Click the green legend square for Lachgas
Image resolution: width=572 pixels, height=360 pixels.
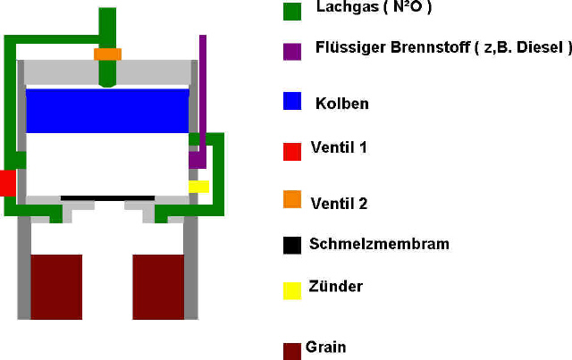[292, 12]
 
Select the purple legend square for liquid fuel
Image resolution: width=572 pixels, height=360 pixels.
[292, 52]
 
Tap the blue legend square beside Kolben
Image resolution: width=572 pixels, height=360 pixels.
[292, 101]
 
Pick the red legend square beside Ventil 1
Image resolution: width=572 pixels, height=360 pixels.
[292, 152]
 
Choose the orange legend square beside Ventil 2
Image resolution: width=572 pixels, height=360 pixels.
[292, 199]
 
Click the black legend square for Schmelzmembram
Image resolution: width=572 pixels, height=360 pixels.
[292, 246]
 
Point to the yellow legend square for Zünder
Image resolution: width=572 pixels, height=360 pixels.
[292, 290]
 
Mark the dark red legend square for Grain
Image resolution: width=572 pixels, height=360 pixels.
[292, 351]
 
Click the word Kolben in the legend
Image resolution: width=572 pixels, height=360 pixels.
[342, 104]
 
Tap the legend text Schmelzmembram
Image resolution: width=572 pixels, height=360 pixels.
[379, 244]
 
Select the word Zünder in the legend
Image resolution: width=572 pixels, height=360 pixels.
[336, 287]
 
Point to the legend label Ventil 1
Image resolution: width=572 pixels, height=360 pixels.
[339, 147]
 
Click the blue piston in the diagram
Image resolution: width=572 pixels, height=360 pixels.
[107, 111]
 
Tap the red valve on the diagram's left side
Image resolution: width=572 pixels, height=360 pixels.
[8, 183]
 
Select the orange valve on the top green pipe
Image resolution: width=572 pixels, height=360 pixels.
[107, 54]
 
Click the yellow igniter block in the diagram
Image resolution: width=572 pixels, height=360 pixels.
[198, 187]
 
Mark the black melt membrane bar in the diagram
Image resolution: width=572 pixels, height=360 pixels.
[107, 198]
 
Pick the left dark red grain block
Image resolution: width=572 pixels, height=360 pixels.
[56, 287]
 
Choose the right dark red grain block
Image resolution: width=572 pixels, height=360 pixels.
[158, 287]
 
